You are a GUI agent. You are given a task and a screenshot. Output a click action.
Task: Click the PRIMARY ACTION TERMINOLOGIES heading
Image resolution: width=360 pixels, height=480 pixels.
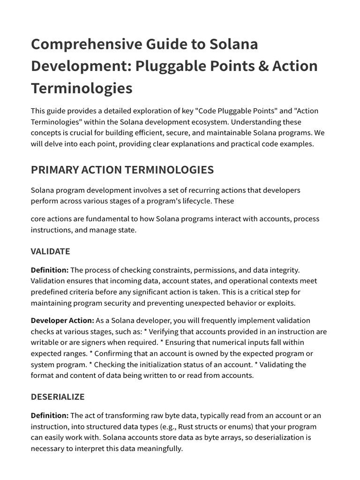122,170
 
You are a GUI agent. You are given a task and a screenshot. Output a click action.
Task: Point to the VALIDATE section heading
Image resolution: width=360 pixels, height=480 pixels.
50,251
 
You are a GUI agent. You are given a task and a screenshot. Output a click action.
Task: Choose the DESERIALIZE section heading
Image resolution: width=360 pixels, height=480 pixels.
58,397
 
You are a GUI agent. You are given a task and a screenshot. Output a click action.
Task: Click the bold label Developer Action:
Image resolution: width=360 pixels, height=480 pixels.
62,321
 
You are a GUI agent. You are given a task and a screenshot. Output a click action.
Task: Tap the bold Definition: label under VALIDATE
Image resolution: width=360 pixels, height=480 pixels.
50,270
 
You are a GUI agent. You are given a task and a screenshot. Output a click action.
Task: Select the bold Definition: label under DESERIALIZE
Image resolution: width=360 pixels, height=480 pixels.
50,415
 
